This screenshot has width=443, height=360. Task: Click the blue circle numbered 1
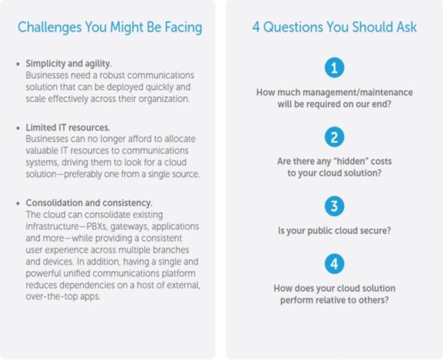click(x=334, y=68)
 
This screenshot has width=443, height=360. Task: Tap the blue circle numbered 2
click(x=334, y=137)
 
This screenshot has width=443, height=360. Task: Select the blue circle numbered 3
click(x=334, y=206)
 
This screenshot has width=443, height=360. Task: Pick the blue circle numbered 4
click(x=334, y=264)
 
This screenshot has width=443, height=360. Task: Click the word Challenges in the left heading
click(x=50, y=28)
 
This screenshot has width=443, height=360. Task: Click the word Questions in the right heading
click(x=293, y=27)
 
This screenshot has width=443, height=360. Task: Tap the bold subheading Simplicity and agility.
click(x=69, y=64)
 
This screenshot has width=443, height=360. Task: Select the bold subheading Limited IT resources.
click(x=68, y=128)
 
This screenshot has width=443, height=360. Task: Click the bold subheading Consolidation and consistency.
click(x=89, y=203)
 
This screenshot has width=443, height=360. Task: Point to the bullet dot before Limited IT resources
click(x=18, y=128)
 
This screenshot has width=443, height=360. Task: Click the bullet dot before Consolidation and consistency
click(x=18, y=203)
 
